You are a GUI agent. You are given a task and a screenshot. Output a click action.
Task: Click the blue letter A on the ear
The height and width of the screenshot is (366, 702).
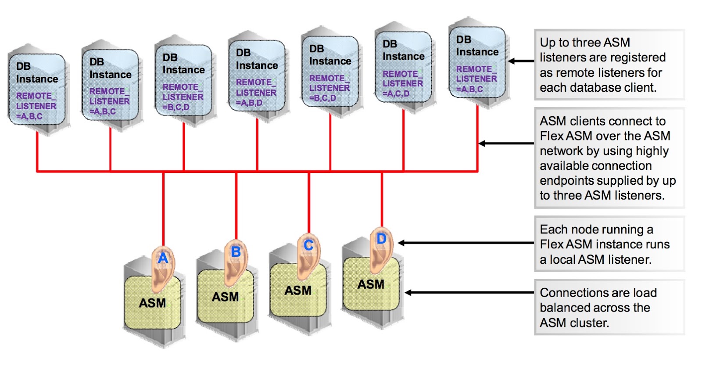click(163, 258)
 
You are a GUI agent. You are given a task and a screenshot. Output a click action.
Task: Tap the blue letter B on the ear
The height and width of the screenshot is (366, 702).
click(236, 251)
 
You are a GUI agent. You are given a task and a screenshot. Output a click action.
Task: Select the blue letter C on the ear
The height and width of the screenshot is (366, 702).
click(308, 245)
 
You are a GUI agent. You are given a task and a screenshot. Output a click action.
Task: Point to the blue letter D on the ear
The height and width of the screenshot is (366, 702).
click(381, 239)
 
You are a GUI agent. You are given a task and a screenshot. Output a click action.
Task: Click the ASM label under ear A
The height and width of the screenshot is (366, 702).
click(152, 303)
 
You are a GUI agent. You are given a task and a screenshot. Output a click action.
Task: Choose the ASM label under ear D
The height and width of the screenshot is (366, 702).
click(371, 284)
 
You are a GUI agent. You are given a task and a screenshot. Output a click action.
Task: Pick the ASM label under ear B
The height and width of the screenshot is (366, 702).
click(225, 297)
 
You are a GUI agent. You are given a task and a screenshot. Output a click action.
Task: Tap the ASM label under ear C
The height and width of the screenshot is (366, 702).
click(298, 291)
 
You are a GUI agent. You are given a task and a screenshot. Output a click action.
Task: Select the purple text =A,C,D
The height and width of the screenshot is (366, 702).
click(396, 93)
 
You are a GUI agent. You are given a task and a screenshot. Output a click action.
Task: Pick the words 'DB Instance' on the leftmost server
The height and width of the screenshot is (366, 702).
click(37, 73)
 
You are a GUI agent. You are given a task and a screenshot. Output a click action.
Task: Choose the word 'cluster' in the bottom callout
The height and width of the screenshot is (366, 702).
click(589, 323)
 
